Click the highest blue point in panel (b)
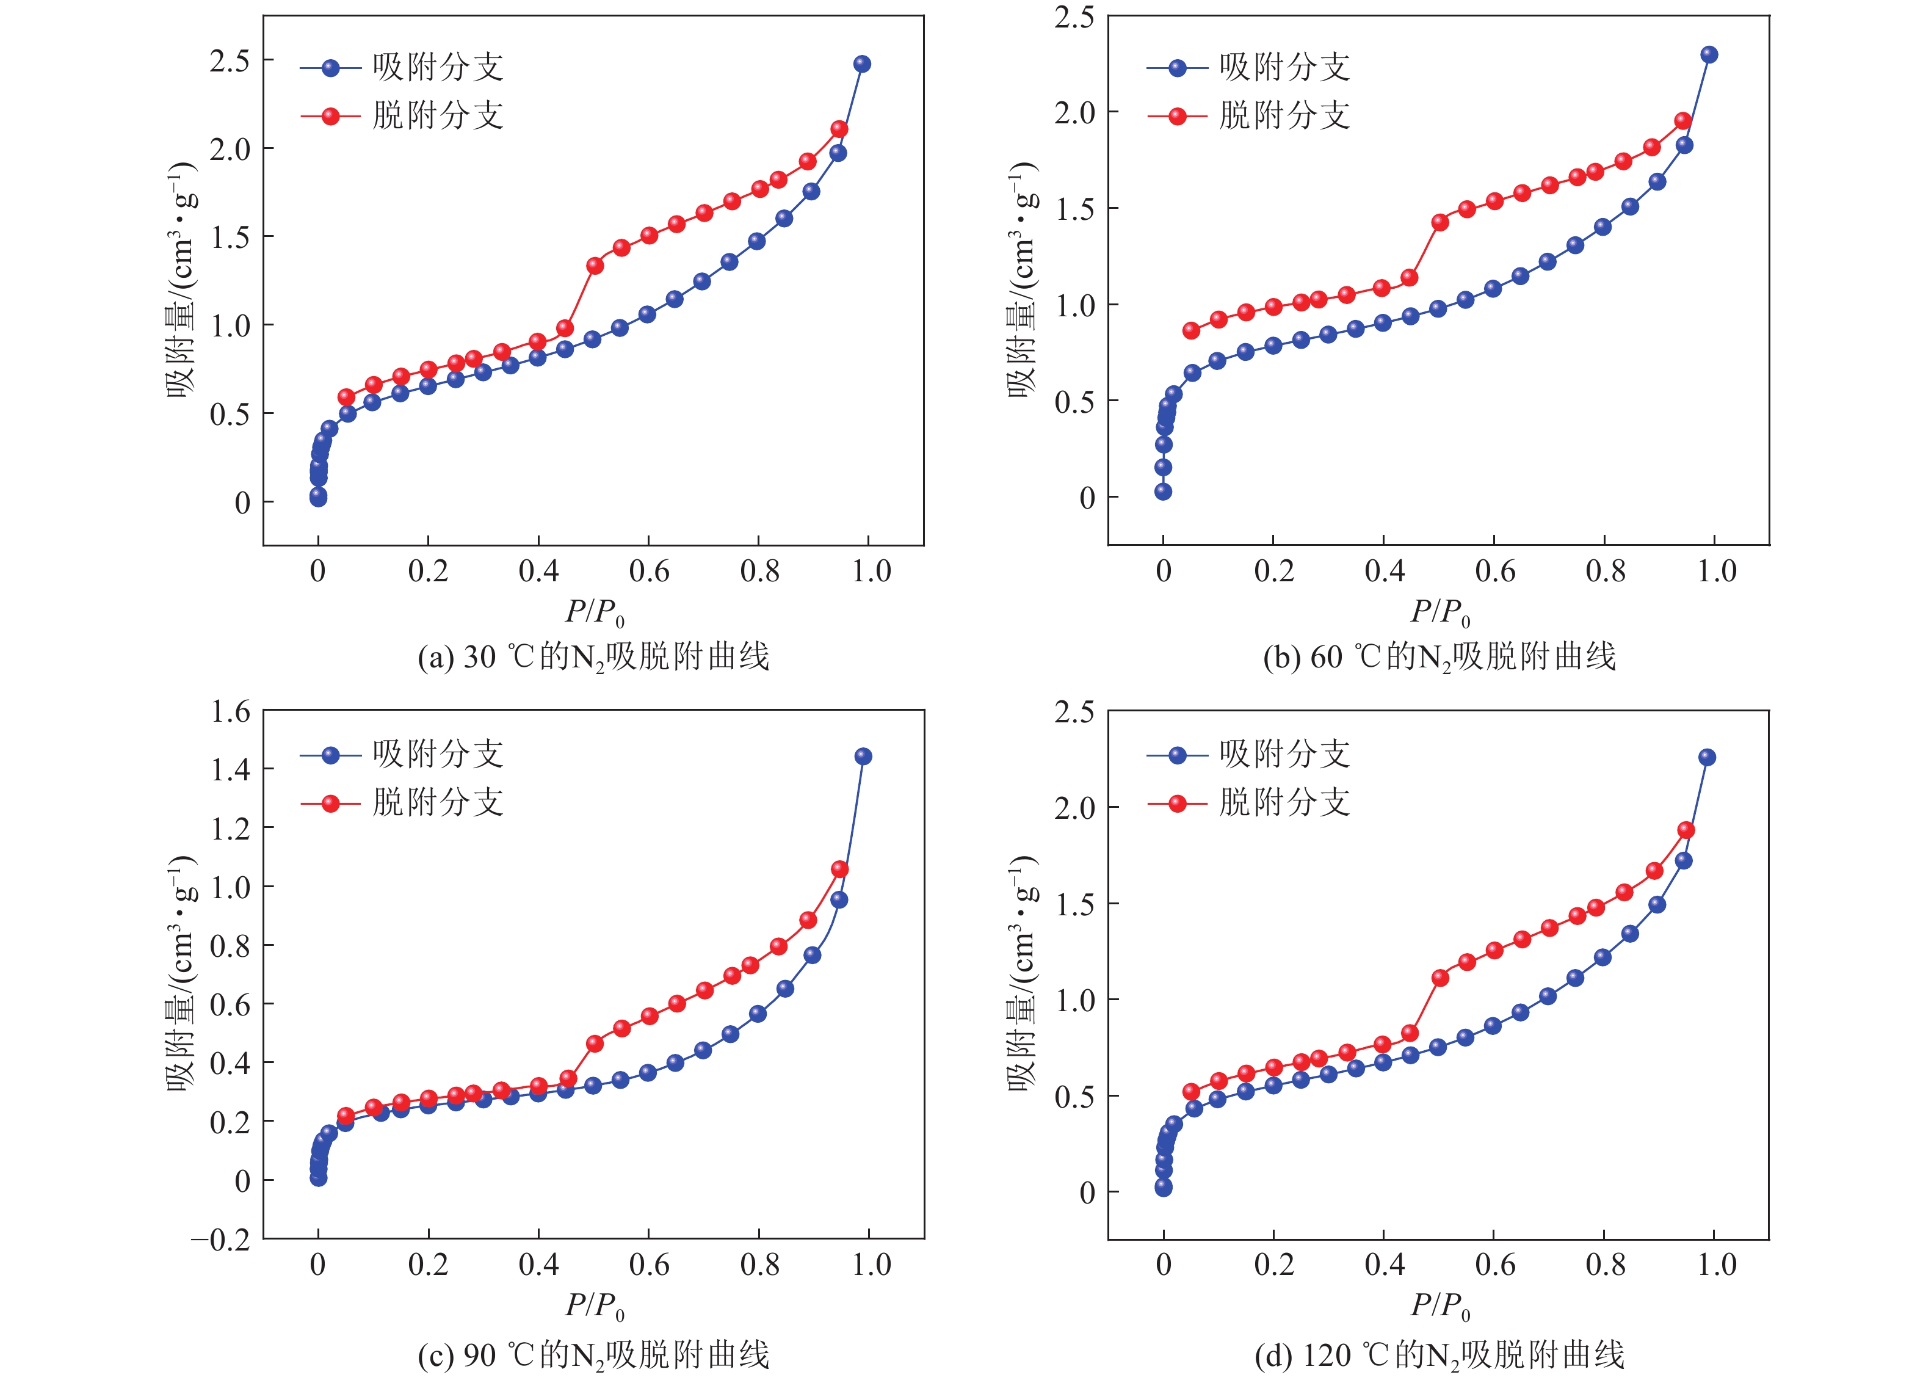(1709, 55)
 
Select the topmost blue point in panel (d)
(1707, 757)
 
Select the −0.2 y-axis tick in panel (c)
(221, 1239)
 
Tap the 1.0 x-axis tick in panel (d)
(1715, 1265)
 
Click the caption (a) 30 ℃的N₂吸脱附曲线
(593, 657)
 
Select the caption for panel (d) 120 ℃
(1439, 1355)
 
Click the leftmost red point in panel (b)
(1191, 331)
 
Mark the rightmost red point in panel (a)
(839, 129)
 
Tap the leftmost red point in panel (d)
(1191, 1091)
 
